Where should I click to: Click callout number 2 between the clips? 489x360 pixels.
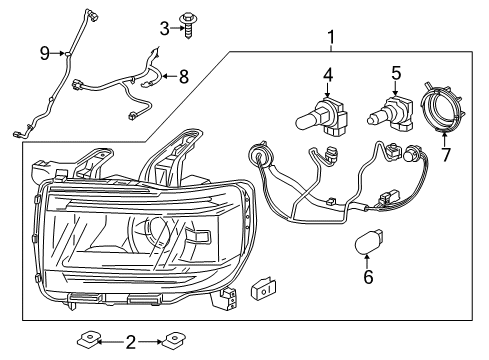[x=130, y=343]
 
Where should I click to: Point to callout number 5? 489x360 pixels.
[x=396, y=74]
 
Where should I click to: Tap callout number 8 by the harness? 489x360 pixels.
[x=182, y=75]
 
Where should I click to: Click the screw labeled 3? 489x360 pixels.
[x=187, y=21]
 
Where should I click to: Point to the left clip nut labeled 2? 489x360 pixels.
[x=96, y=343]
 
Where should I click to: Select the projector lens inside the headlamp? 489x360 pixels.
[x=159, y=234]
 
